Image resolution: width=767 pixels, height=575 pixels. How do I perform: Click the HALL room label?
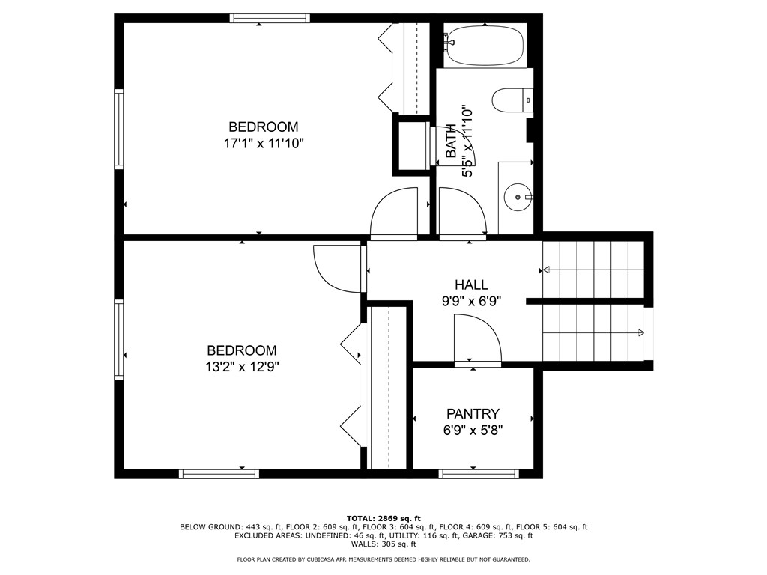tap(471, 285)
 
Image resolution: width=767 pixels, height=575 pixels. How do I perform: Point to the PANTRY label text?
tap(473, 413)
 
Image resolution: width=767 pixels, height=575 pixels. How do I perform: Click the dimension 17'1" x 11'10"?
tap(263, 144)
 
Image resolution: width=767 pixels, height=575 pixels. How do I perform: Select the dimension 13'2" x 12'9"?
tap(242, 367)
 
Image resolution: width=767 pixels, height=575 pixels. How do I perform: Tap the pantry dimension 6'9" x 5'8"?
tap(473, 431)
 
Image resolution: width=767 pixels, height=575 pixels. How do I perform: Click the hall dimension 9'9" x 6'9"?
tap(471, 302)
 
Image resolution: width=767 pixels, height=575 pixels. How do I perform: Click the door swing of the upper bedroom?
tap(394, 213)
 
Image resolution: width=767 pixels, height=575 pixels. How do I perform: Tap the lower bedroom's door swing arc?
tap(338, 268)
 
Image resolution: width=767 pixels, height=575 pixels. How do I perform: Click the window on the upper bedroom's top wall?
tap(270, 18)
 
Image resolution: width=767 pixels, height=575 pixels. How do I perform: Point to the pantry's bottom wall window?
tap(479, 474)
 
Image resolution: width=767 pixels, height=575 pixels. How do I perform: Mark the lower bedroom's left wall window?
tap(118, 339)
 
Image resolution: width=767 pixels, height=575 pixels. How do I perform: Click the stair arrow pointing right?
tap(642, 332)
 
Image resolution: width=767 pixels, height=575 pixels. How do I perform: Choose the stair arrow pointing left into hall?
tap(545, 270)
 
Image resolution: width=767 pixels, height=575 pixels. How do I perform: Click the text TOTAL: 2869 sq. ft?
tap(383, 518)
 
